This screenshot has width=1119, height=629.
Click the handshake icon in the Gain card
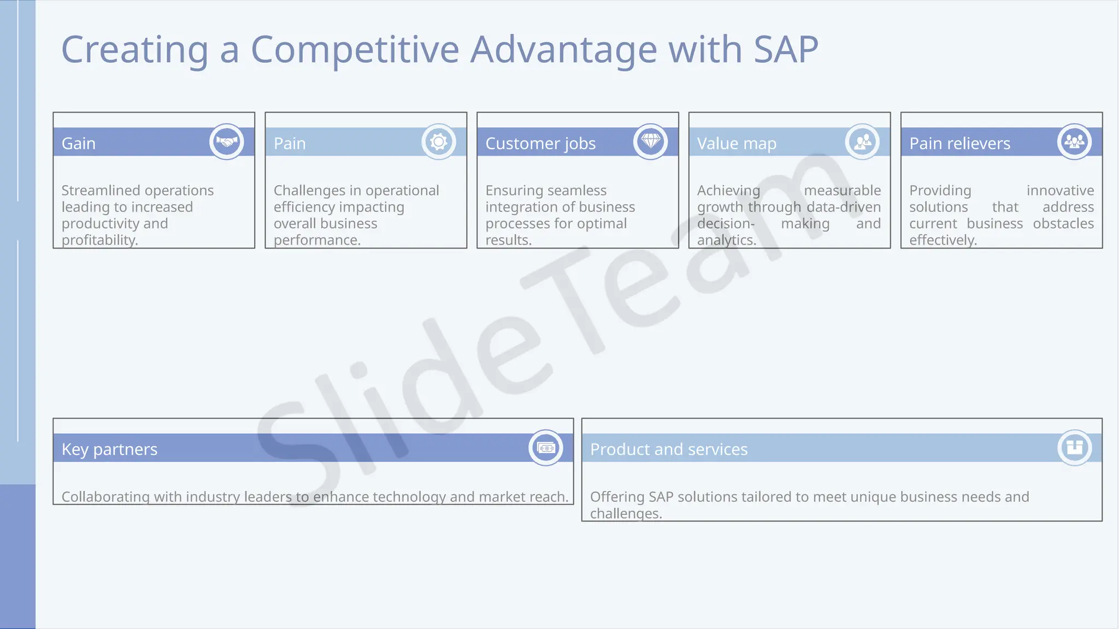(227, 142)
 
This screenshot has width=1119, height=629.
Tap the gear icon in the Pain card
(439, 142)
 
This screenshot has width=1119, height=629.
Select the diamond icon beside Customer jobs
(650, 142)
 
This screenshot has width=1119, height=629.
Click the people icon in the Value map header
(862, 142)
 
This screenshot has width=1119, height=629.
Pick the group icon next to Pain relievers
(1074, 142)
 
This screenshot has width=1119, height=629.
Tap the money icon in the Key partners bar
(546, 448)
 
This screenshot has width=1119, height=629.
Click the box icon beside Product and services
(1074, 448)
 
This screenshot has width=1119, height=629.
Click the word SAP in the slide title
(786, 50)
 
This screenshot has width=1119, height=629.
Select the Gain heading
(79, 144)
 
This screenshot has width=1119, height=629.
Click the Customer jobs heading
(540, 144)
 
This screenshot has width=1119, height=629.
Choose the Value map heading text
(737, 144)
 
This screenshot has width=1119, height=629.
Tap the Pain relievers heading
(959, 144)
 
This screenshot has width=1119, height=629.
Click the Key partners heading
(109, 449)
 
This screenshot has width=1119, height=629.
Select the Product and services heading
(669, 449)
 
